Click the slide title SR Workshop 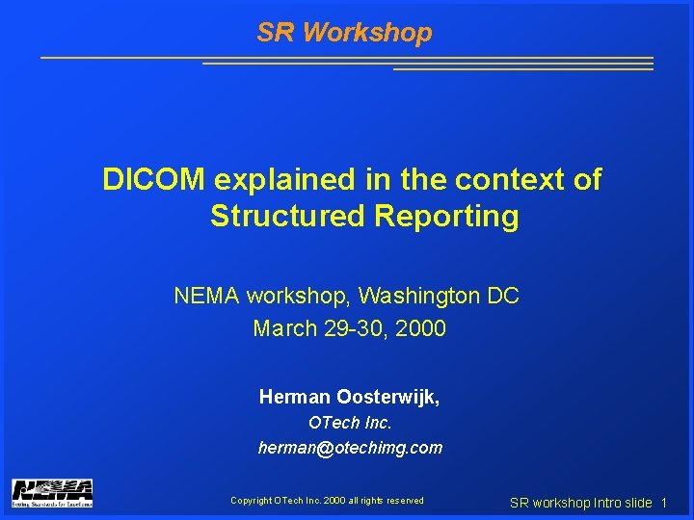point(344,33)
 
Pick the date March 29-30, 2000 point(349,328)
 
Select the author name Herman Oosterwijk point(349,396)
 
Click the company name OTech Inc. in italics point(350,422)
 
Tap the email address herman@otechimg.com point(350,447)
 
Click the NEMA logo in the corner point(52,492)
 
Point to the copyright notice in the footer point(327,500)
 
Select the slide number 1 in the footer point(664,503)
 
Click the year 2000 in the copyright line point(335,500)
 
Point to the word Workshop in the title point(367,33)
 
